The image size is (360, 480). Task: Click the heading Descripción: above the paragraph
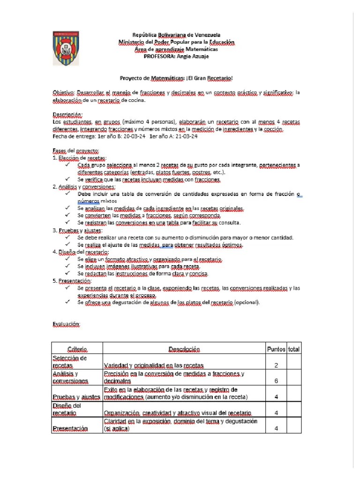67,115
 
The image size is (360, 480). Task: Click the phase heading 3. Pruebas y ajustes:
76,230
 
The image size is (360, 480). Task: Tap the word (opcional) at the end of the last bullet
246,302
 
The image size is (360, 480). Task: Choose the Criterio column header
77,349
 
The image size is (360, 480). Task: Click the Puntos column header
276,349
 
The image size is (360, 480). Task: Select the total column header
294,349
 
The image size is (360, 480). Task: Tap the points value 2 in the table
276,365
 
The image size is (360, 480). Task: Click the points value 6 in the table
276,381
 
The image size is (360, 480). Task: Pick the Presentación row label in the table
70,428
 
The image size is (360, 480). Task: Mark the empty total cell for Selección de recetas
294,361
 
